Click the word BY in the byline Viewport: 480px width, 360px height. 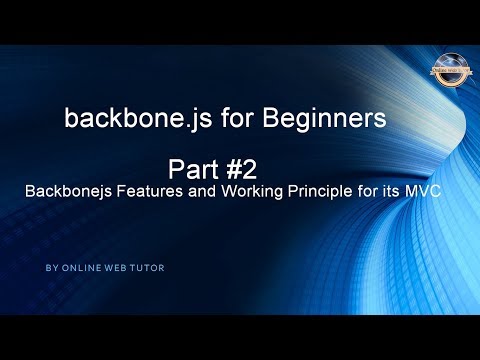pyautogui.click(x=51, y=268)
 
